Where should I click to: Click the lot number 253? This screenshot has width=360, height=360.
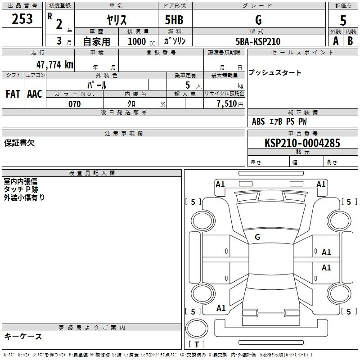[22, 19]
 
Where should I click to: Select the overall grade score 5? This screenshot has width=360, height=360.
[343, 21]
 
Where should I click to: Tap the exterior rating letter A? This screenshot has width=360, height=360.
[336, 41]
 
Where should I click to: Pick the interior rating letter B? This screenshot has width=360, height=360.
[350, 41]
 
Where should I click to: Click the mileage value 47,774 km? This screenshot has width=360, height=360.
[55, 65]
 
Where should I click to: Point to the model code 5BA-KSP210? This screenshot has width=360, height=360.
[258, 41]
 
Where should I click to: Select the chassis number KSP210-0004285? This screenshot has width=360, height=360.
[302, 143]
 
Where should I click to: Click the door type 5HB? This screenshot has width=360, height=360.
[174, 20]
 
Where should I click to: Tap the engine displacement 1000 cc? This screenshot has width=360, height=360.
[141, 41]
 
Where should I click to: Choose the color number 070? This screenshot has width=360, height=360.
[75, 104]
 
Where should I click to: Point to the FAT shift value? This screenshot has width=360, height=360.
[13, 94]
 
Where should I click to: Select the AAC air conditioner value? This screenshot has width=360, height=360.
[35, 94]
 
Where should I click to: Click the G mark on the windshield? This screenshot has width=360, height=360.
[257, 237]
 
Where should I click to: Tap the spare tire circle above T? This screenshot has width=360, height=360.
[197, 328]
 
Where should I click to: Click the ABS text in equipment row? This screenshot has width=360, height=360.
[258, 121]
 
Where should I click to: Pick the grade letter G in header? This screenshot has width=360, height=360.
[258, 20]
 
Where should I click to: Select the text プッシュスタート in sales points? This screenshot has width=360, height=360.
[275, 72]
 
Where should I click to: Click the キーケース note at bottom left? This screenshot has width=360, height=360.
[23, 337]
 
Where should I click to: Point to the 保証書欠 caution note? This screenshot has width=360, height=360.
[19, 143]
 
